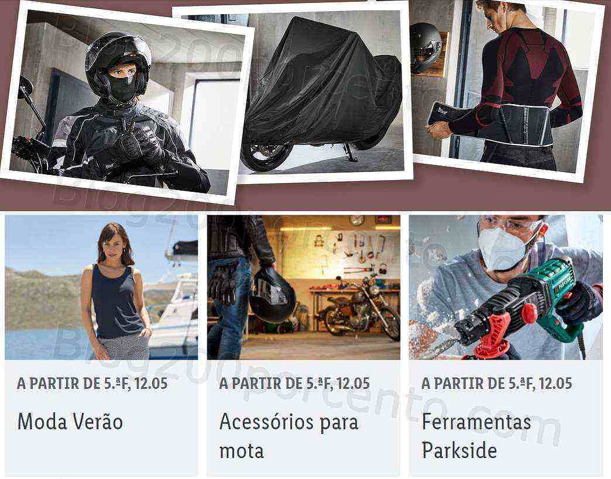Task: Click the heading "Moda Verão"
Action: pos(70,422)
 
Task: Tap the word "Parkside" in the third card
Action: pos(459,450)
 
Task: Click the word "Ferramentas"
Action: pos(476,422)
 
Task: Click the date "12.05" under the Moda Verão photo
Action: pos(151,384)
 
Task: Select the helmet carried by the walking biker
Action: pos(272,294)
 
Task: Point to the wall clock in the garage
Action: pos(357,220)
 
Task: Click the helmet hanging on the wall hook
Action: pos(425,47)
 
